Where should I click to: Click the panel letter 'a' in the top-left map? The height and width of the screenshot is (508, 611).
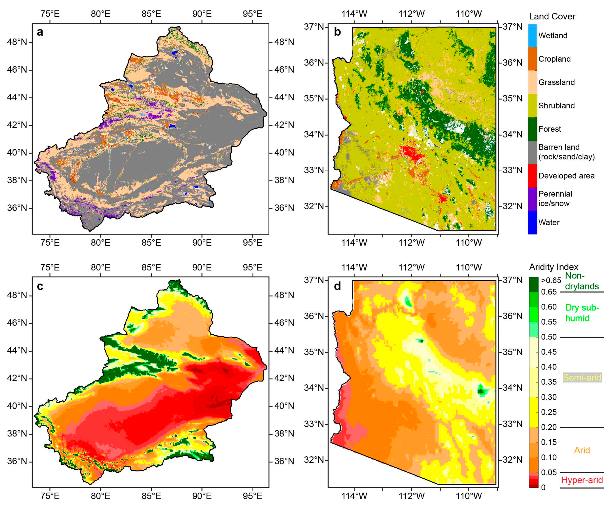point(40,32)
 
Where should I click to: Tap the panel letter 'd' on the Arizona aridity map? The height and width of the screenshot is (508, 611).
point(337,286)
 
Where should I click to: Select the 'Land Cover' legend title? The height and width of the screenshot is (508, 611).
point(552,17)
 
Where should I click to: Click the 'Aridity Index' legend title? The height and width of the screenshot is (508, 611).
point(553,267)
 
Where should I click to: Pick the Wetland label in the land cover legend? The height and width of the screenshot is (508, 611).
point(553,36)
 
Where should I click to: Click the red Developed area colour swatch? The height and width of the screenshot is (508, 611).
point(532,176)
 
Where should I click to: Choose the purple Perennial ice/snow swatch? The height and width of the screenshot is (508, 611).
point(532,199)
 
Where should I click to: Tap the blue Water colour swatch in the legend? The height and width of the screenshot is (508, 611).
point(532,222)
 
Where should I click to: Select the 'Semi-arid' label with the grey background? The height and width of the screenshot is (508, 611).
point(582,377)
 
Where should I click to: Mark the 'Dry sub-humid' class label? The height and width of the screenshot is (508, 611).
point(582,313)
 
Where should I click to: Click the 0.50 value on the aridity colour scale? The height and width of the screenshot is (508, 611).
point(549,337)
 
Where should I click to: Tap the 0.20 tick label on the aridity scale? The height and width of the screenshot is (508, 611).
point(549,427)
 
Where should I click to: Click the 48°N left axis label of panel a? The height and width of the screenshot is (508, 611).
point(17,42)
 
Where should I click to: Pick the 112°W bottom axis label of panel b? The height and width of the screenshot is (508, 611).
point(411,242)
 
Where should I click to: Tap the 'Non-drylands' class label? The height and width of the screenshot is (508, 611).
point(582,281)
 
